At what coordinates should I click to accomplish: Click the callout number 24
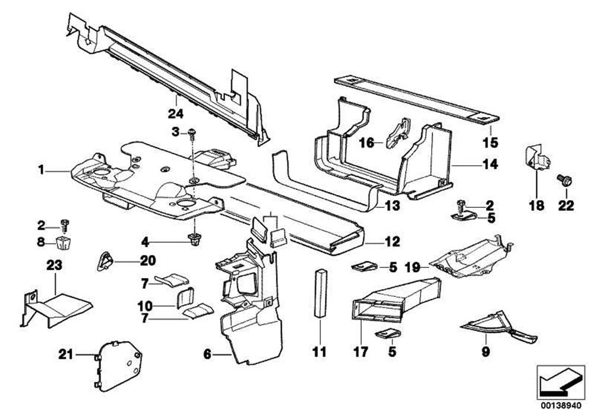[176, 113]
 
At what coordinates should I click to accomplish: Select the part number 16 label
[366, 143]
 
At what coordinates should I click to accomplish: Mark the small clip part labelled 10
[185, 296]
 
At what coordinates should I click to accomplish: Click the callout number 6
[206, 355]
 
